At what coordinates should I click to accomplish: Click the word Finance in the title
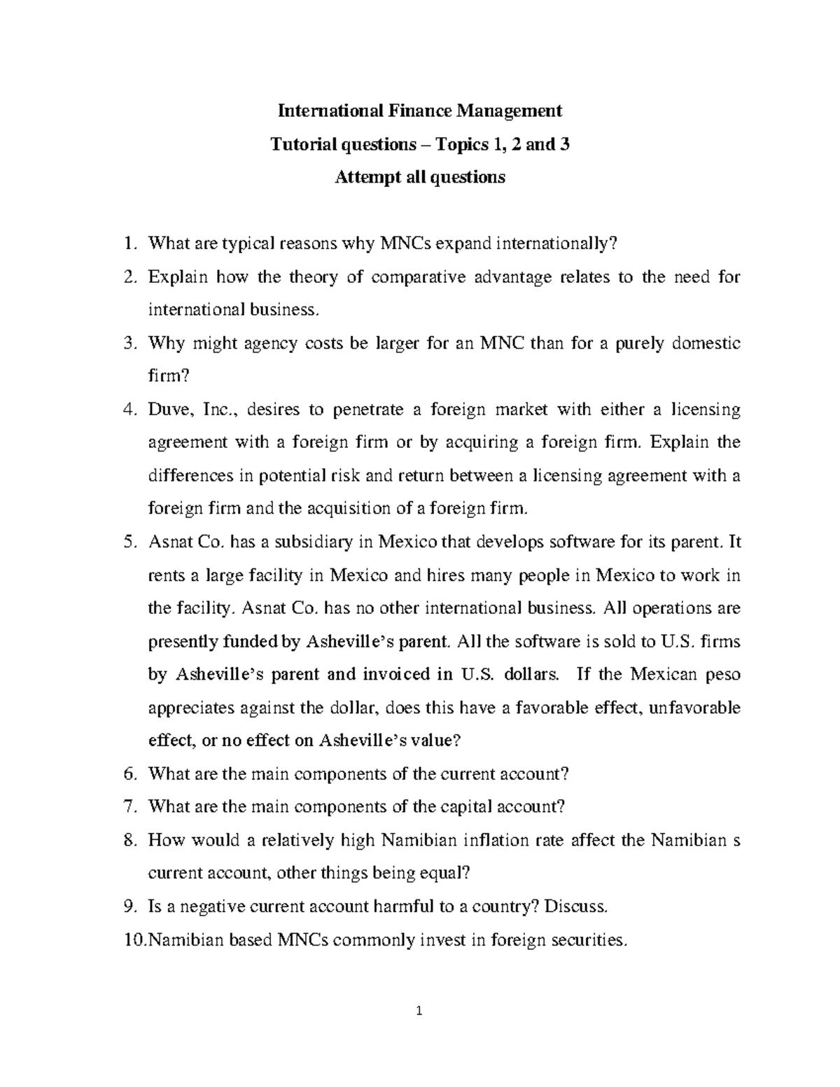(419, 111)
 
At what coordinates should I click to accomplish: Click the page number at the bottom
(419, 1030)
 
